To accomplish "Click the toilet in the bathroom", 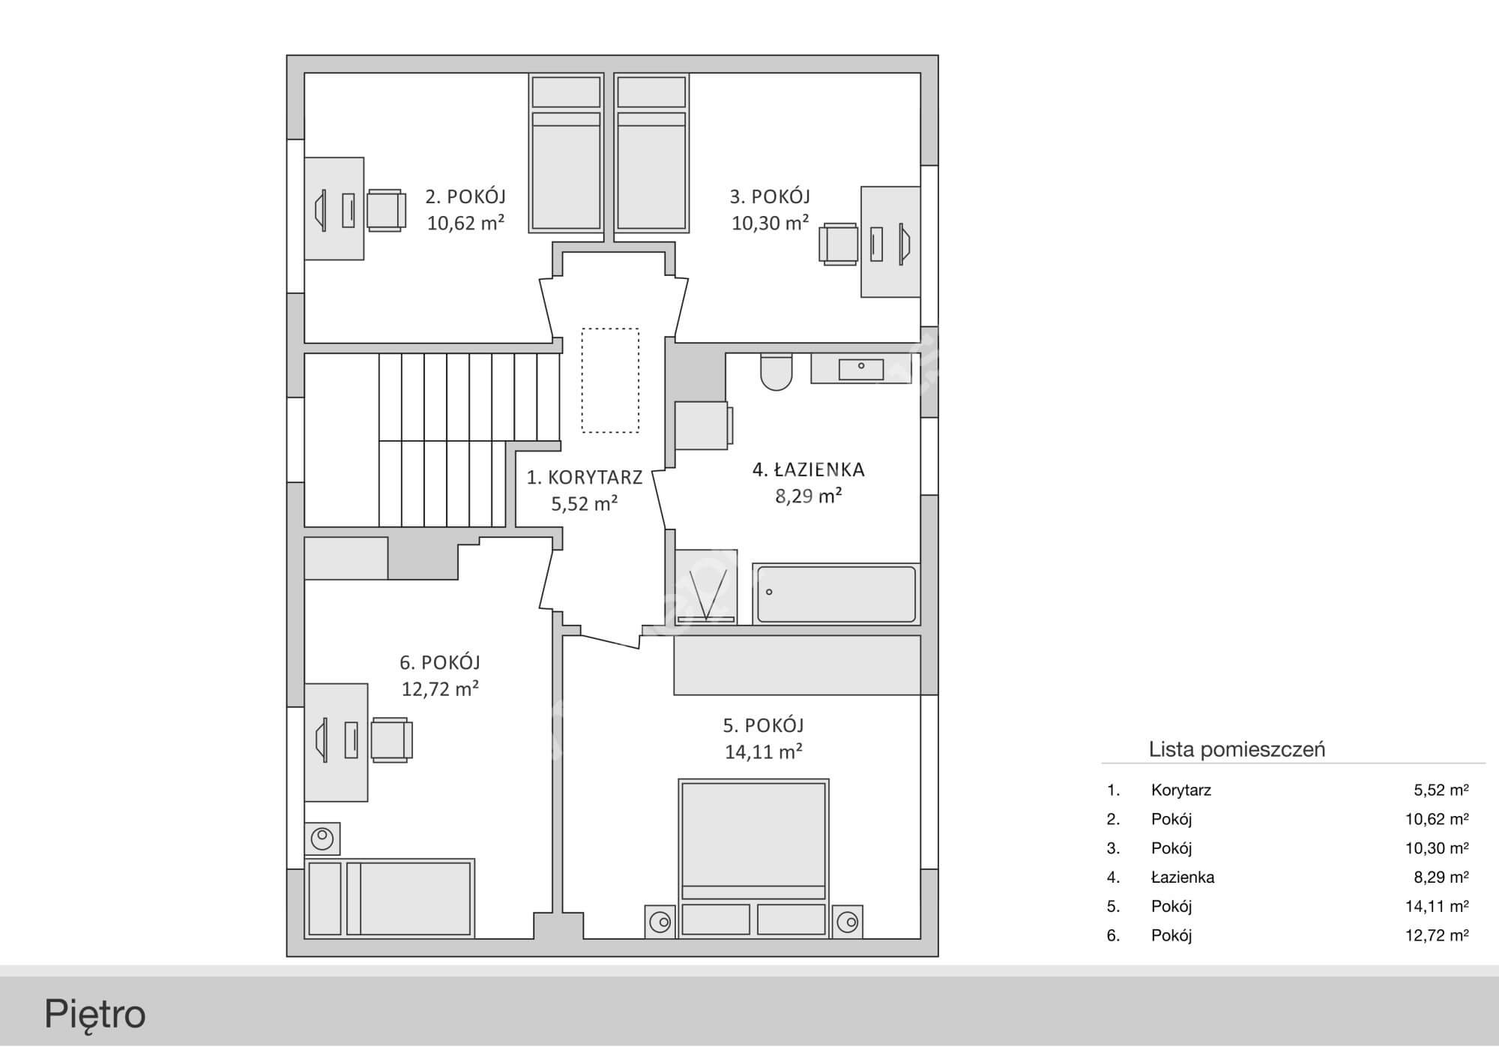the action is tap(776, 371).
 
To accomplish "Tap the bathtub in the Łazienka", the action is tap(836, 594).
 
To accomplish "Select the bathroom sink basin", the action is tap(860, 369).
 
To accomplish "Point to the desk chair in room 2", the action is tap(386, 209).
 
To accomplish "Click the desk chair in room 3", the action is tap(839, 244).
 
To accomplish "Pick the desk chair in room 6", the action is tap(392, 740).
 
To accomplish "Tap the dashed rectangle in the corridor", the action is tap(611, 380).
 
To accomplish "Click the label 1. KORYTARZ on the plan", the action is tap(585, 478).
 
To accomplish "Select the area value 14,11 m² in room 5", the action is tap(764, 751).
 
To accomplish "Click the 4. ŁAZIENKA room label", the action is tap(809, 470).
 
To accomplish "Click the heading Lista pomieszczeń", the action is tap(1237, 749).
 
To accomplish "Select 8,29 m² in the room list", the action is tap(1441, 877).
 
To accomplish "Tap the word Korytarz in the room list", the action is tap(1181, 790).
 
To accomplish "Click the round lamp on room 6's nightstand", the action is tap(323, 838).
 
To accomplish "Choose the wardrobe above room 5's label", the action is tap(797, 665).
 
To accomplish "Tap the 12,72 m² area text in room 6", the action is tap(440, 688).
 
